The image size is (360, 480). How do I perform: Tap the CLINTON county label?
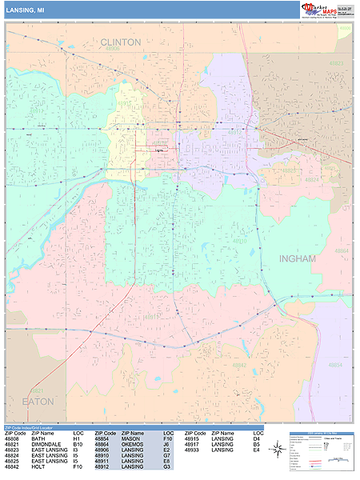(x=121, y=42)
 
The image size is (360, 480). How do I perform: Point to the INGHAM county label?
(x=298, y=259)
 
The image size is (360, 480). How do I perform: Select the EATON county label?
(x=38, y=401)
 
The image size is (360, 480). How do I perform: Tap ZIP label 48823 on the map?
(x=336, y=62)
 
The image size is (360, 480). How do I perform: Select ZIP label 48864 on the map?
(x=342, y=251)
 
